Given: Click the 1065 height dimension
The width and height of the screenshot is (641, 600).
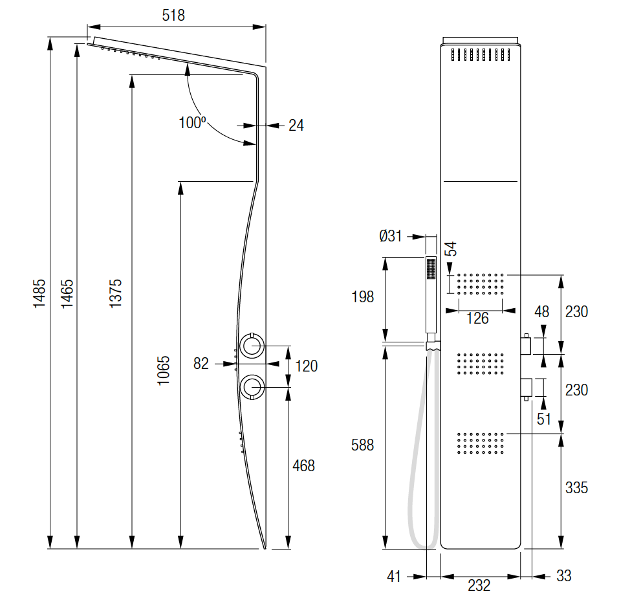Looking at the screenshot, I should [x=164, y=370].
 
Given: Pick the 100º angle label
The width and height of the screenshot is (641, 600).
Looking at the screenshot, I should [x=192, y=123].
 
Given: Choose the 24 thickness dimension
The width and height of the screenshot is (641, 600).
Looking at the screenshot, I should [x=296, y=126].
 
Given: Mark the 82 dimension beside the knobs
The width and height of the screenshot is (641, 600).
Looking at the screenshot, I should [x=201, y=364].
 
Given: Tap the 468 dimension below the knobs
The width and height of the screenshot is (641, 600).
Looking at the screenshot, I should [x=303, y=465].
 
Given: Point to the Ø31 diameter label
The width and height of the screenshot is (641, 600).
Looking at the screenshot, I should [x=391, y=236].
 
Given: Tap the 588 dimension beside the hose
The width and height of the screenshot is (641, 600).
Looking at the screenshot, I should [x=362, y=445].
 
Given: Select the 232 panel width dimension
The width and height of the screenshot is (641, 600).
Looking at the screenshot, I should [x=479, y=586].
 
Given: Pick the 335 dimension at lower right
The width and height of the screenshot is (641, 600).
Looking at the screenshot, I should [x=576, y=487].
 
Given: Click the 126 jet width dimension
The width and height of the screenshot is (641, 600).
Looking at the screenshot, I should [x=478, y=318].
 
